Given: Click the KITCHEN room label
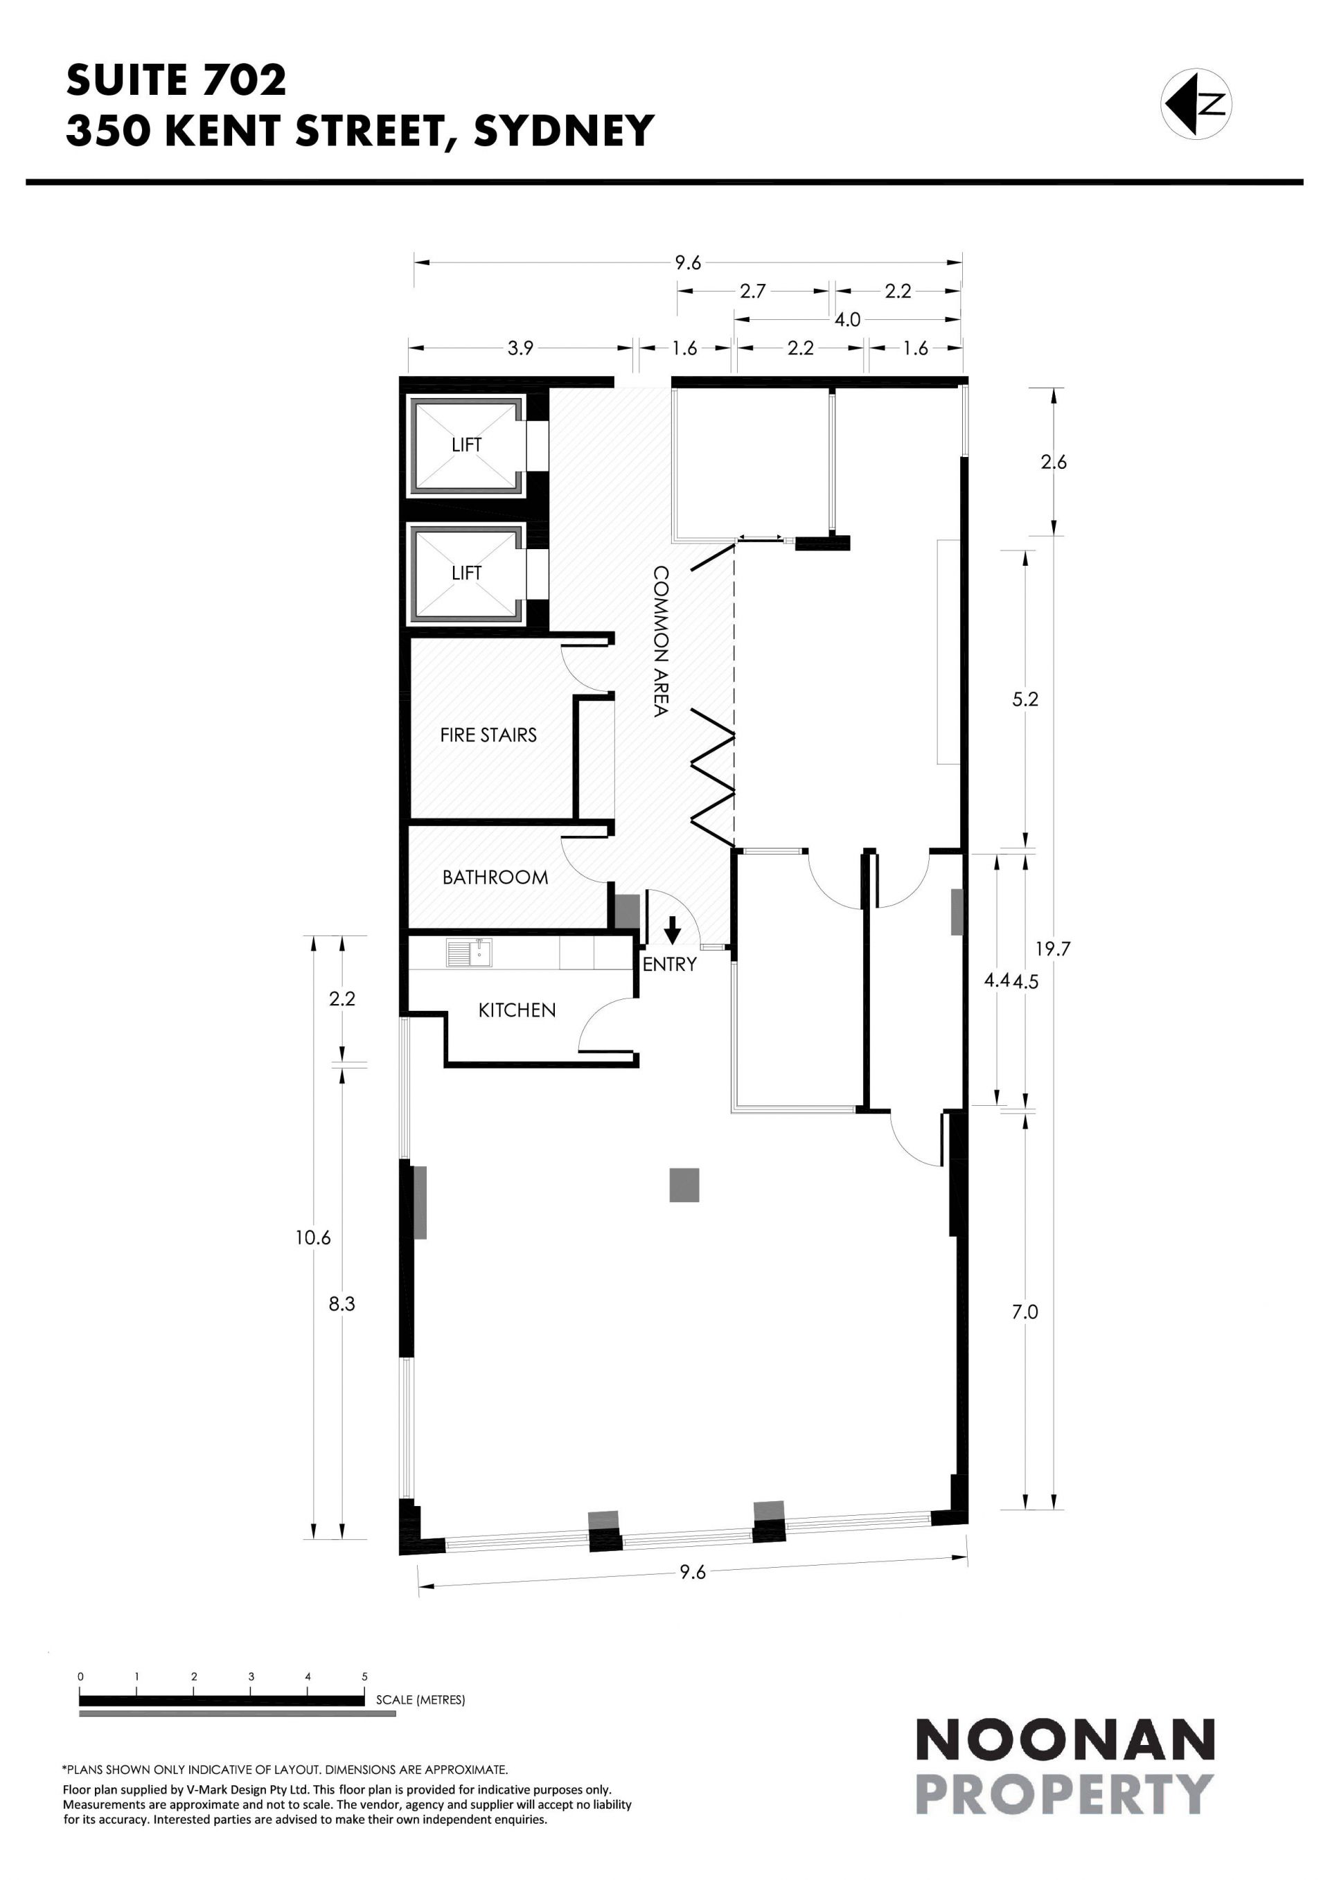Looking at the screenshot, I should [517, 1010].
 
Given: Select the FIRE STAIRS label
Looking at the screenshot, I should [488, 735].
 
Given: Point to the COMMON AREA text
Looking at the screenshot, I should [660, 641].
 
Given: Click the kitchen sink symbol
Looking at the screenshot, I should [468, 952].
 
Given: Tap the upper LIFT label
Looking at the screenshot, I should [466, 445].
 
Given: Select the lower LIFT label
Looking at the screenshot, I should [466, 573].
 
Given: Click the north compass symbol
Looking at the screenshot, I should [1196, 104].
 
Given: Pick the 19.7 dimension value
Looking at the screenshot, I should [1053, 949].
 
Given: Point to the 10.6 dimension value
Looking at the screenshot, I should [313, 1237].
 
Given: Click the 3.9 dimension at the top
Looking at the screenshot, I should [520, 348].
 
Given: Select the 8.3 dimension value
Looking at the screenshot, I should [342, 1304].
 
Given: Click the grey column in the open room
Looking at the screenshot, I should [684, 1185].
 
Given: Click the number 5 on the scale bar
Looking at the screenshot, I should [364, 1676].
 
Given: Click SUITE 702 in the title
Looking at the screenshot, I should [176, 80].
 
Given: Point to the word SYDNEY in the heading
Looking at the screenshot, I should [565, 130].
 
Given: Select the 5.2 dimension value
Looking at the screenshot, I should [1025, 699].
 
